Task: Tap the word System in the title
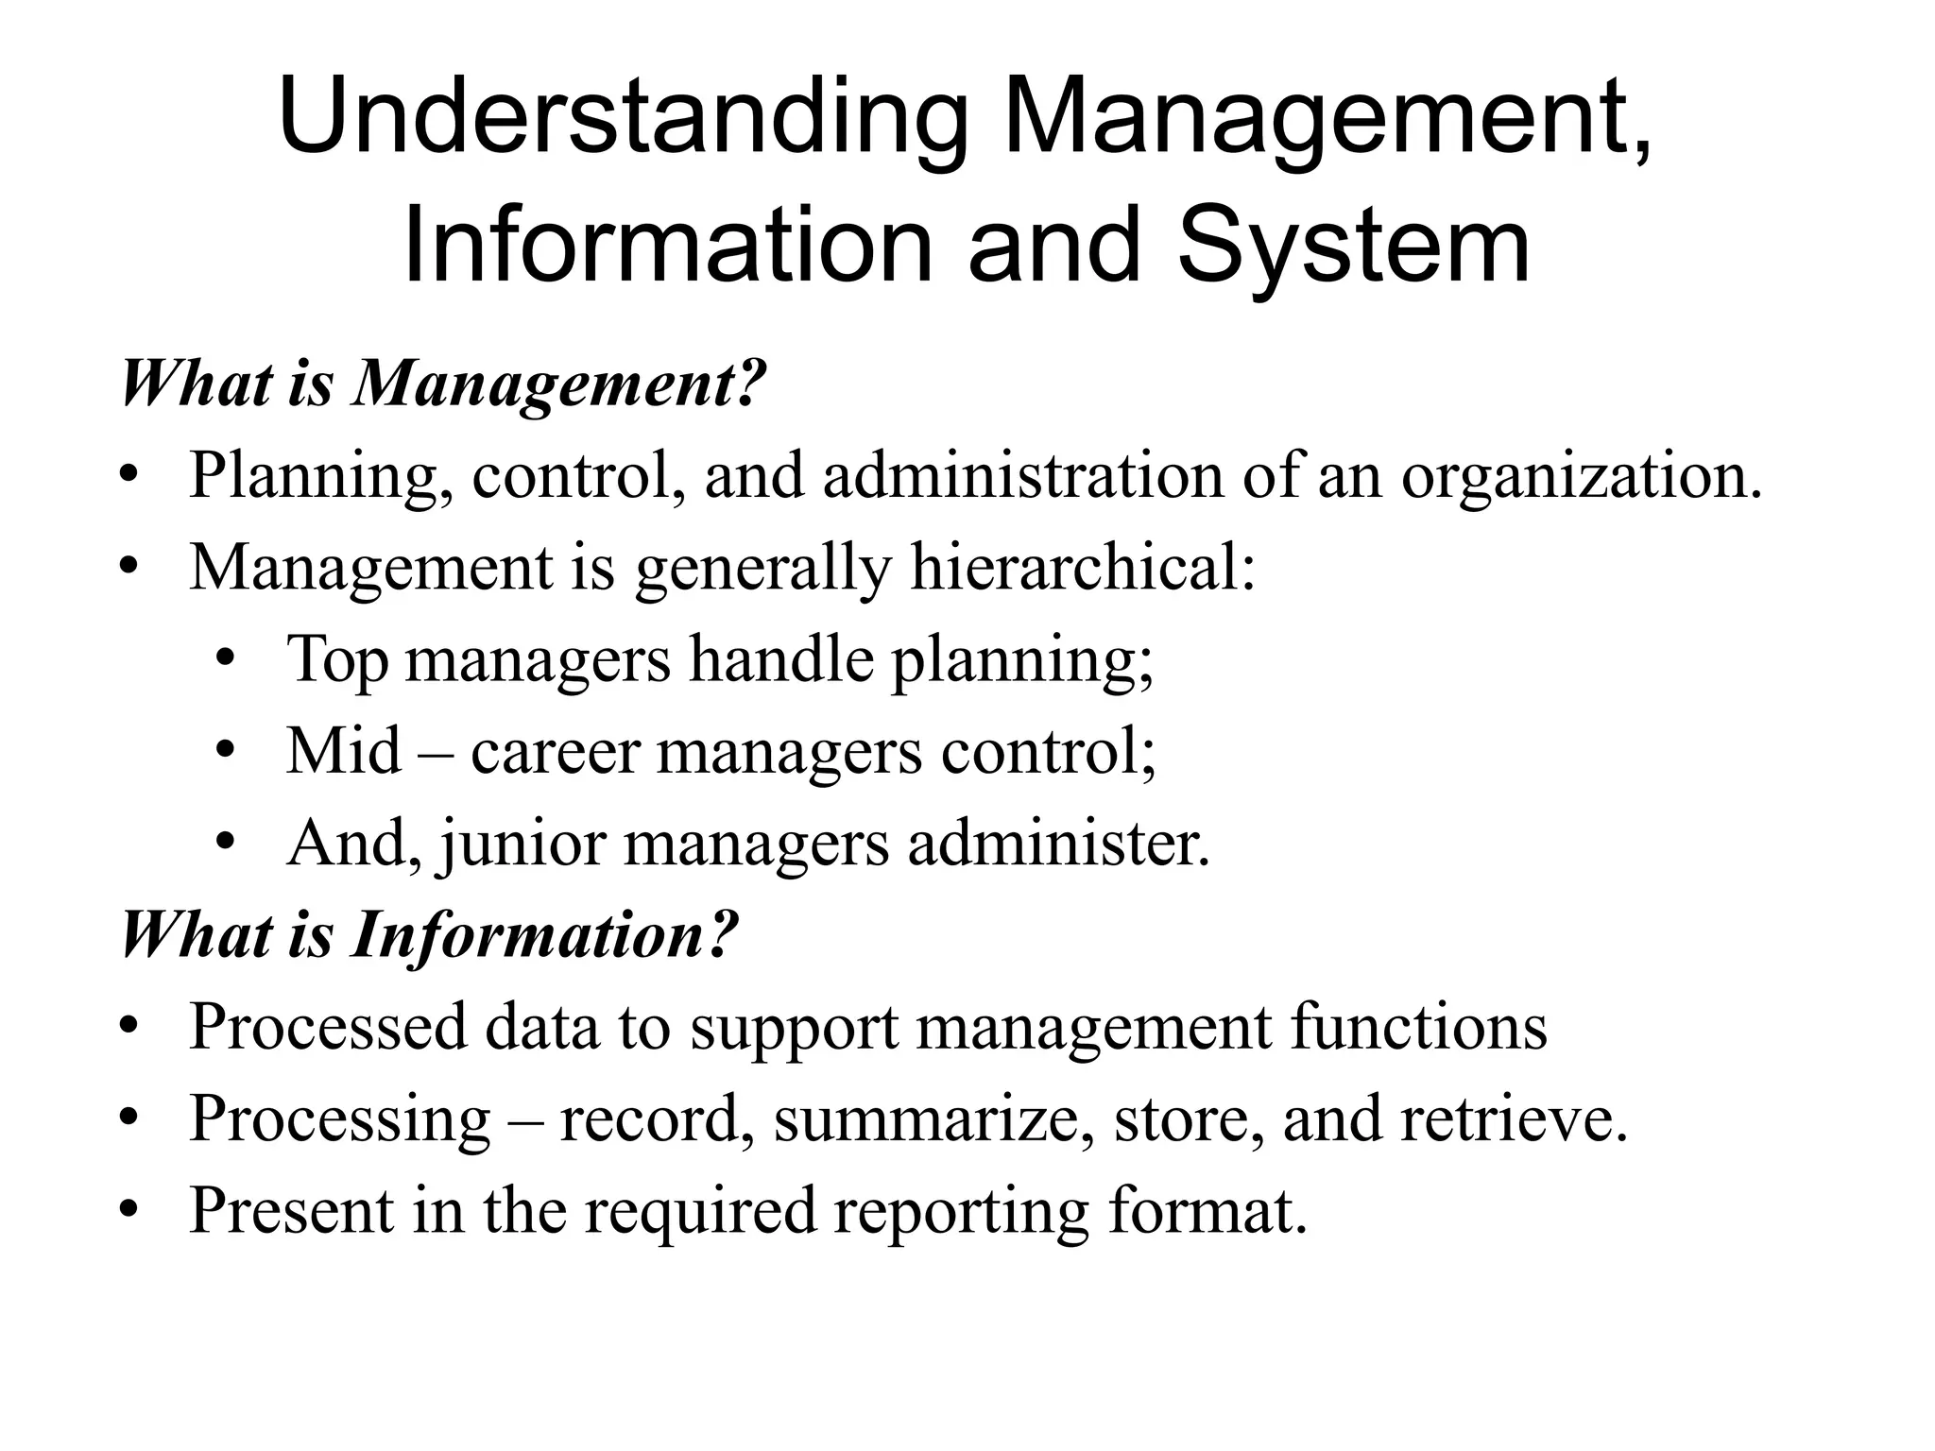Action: point(1352,248)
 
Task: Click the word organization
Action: point(1582,475)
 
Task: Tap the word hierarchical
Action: point(1083,568)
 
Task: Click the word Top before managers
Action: point(337,660)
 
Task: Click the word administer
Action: point(1058,844)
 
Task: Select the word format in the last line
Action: point(1207,1210)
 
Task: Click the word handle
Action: point(781,660)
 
